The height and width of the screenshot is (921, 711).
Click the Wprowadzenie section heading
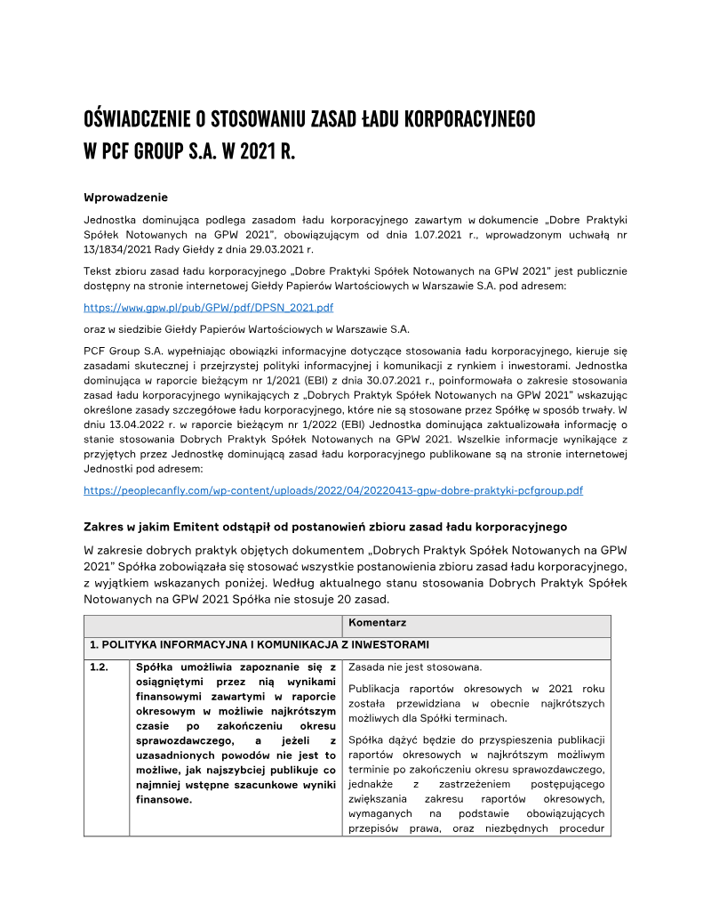pos(125,197)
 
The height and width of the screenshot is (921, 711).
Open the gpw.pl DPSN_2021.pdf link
pos(208,307)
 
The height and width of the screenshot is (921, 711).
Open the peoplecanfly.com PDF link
pos(332,490)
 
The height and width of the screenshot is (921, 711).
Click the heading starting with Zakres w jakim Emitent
pos(324,527)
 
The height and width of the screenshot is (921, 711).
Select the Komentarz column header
pos(378,623)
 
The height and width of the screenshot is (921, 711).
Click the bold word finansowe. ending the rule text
pos(164,799)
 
